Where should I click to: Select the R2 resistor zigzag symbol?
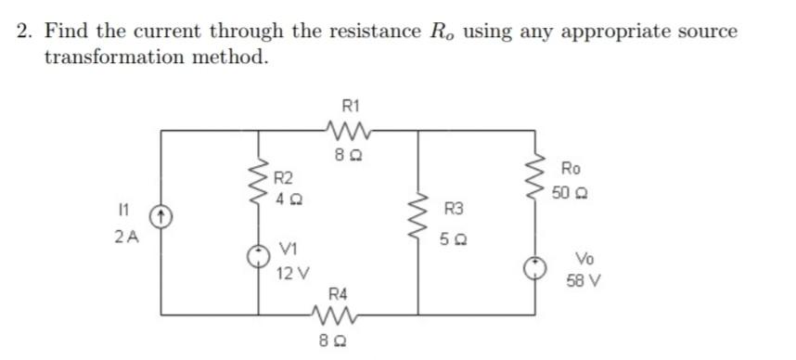click(x=259, y=183)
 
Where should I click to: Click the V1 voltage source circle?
click(x=259, y=256)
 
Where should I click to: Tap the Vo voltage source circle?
click(x=535, y=267)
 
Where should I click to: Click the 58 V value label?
click(x=586, y=279)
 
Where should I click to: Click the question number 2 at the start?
click(x=25, y=31)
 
